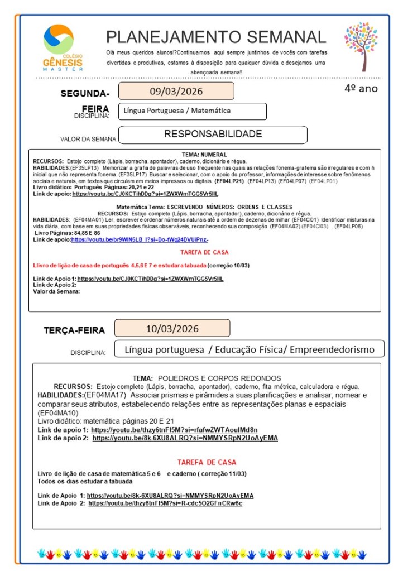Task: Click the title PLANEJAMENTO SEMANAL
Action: click(216, 37)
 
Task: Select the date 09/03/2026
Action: click(176, 91)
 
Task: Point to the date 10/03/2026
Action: click(172, 329)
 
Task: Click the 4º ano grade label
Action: click(361, 88)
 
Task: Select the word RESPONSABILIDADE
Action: click(213, 135)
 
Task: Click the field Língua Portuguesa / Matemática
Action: click(192, 111)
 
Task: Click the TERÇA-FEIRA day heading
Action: click(74, 330)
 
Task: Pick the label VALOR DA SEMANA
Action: click(88, 139)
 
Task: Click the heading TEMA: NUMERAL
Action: click(204, 154)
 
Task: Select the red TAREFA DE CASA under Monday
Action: click(204, 252)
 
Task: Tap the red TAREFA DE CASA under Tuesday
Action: click(207, 462)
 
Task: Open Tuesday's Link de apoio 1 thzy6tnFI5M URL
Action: click(174, 430)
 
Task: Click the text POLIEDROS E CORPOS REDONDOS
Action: click(219, 378)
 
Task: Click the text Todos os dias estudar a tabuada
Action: click(85, 481)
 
